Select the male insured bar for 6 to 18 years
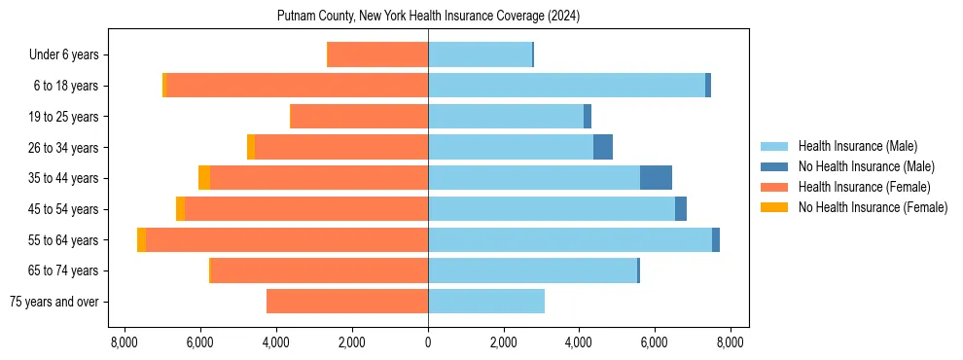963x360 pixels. click(566, 86)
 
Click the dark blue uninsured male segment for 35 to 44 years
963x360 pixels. click(656, 178)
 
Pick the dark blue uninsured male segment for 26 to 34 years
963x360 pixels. click(603, 148)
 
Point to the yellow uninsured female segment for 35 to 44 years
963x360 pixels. click(204, 178)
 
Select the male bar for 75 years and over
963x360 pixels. click(486, 302)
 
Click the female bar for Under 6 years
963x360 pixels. click(378, 55)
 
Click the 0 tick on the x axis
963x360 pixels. click(428, 342)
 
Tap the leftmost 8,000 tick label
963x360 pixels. click(125, 342)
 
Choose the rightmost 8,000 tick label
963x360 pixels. click(731, 342)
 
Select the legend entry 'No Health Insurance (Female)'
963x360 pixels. click(873, 207)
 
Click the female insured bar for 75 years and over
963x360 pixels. click(347, 302)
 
